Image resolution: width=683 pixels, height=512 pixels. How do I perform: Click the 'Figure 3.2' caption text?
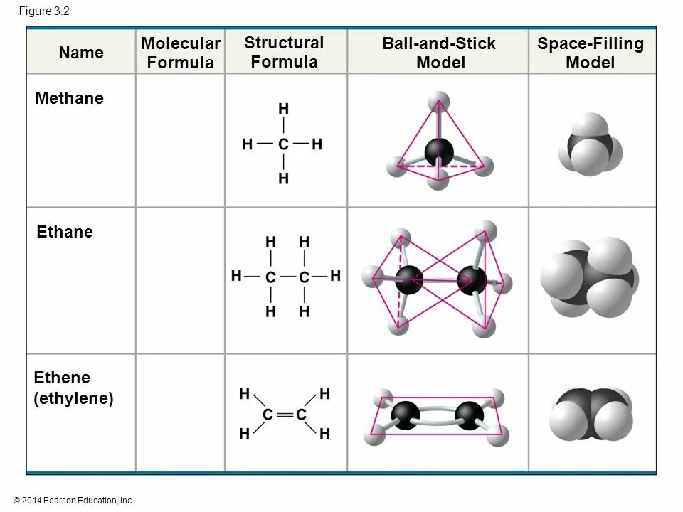pyautogui.click(x=44, y=11)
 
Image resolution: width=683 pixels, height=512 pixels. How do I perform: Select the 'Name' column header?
pyautogui.click(x=81, y=53)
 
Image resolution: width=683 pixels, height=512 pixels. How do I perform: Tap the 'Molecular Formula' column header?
pyautogui.click(x=181, y=53)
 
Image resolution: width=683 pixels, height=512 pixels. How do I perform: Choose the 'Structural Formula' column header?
pyautogui.click(x=284, y=52)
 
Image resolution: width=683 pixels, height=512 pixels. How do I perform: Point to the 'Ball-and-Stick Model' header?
pyautogui.click(x=439, y=53)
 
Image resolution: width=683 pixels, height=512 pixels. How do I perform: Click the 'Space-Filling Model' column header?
pyautogui.click(x=590, y=53)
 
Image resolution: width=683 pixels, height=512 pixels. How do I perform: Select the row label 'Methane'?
pyautogui.click(x=69, y=98)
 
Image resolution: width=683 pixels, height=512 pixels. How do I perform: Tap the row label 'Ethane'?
pyautogui.click(x=64, y=232)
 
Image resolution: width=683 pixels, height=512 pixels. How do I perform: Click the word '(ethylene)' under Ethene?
pyautogui.click(x=74, y=398)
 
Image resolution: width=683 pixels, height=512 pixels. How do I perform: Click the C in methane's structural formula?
pyautogui.click(x=283, y=144)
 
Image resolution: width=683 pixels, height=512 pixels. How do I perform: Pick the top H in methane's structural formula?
pyautogui.click(x=283, y=110)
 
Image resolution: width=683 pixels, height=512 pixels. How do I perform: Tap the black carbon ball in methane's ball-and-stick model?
pyautogui.click(x=439, y=151)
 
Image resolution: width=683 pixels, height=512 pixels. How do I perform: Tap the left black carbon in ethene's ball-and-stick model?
pyautogui.click(x=406, y=415)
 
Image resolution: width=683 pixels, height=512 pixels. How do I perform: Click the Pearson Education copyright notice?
pyautogui.click(x=73, y=501)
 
